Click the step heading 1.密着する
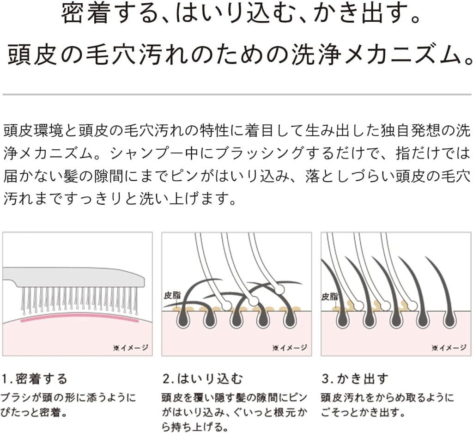(x=34, y=379)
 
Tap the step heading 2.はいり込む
(x=202, y=379)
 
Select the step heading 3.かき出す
(x=355, y=379)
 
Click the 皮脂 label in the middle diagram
(x=172, y=295)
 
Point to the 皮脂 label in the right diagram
(x=330, y=297)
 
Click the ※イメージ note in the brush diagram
(x=131, y=348)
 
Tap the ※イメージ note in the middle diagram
(x=290, y=348)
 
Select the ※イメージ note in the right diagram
(x=449, y=348)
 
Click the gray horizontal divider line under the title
(x=237, y=94)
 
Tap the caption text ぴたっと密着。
(x=34, y=413)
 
